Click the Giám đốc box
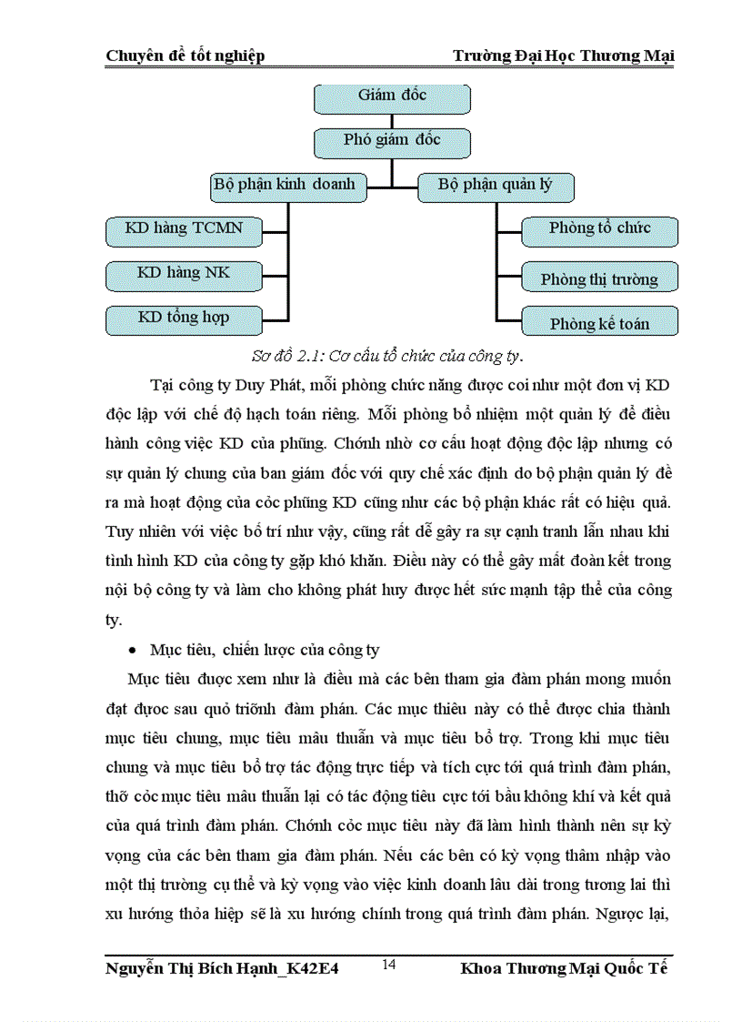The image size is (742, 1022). pos(392,96)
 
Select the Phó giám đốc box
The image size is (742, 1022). pos(392,140)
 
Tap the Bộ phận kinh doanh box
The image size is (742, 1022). pos(288,187)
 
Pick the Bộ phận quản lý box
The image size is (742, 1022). pos(496,187)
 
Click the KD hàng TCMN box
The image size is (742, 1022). pos(184,229)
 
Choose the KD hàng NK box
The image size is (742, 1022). pos(184,273)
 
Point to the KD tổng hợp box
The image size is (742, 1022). pos(184,319)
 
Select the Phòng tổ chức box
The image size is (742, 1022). pos(599,229)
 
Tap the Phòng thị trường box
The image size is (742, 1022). pos(599,279)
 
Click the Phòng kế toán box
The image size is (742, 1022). pos(599,324)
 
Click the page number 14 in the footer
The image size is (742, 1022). pos(388,966)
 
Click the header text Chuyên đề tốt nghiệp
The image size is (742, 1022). pos(185,56)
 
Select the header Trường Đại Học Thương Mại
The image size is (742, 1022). pos(564,56)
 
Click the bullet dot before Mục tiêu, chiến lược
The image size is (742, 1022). pos(134,652)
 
